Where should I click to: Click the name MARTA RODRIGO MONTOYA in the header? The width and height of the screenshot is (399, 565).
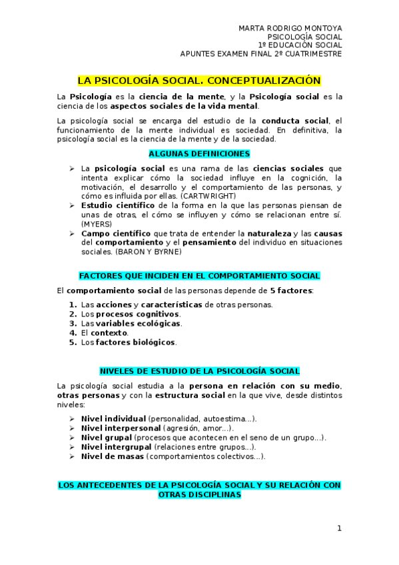point(290,28)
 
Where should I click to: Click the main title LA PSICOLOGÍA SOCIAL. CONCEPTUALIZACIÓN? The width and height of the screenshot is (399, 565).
point(199,81)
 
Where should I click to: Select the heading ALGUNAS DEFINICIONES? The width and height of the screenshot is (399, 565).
point(199,153)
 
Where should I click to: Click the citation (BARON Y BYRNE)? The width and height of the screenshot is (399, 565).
point(137,252)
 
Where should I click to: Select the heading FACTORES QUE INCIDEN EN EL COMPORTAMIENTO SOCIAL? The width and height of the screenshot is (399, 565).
point(199,275)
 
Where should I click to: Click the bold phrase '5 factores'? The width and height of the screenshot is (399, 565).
point(290,291)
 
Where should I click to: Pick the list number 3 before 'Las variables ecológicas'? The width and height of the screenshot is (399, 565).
point(73,323)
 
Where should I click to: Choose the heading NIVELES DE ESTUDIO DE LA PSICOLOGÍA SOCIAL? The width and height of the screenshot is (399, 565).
point(199,370)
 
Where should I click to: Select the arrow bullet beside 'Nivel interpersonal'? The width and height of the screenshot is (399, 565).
point(72,428)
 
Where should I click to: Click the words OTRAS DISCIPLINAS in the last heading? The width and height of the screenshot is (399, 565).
point(199,495)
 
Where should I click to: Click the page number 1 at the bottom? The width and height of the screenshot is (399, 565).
point(339,529)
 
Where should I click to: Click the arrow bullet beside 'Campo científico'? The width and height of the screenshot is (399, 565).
point(72,234)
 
